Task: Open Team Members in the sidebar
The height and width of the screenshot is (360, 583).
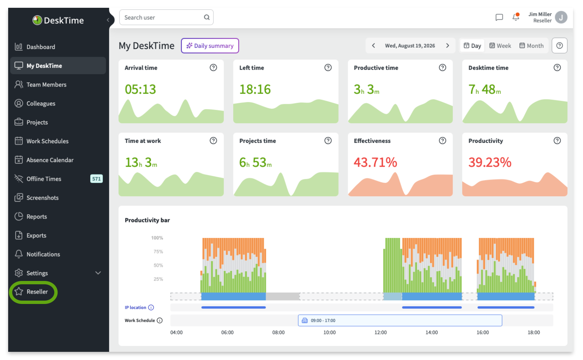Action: point(40,85)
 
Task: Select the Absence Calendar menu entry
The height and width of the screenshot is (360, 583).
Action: point(44,160)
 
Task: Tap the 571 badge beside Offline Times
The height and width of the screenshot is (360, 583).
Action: point(96,179)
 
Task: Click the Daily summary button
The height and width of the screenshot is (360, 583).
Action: point(210,46)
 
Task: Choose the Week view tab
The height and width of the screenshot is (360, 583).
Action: point(500,46)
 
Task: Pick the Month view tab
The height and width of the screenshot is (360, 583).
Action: point(531,46)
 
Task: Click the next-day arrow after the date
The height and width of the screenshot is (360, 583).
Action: point(448,46)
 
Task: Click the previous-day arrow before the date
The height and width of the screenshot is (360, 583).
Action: point(374,46)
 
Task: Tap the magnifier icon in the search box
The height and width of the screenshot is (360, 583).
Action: point(207,17)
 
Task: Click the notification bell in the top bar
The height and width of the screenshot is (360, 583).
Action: point(515,17)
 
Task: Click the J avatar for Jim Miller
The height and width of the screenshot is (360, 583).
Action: point(561,17)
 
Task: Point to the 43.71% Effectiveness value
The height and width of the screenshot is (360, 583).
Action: point(375,162)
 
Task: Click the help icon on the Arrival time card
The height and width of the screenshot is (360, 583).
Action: point(213,68)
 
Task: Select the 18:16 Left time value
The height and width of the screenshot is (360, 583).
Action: point(255,89)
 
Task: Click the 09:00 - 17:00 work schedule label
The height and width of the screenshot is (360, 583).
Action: point(323,320)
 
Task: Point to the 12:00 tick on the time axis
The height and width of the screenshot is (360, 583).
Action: point(381,333)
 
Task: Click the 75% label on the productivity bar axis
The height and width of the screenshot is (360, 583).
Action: point(158,252)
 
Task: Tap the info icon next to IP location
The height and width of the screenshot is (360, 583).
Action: point(151,307)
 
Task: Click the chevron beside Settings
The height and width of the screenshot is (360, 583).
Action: point(98,273)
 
